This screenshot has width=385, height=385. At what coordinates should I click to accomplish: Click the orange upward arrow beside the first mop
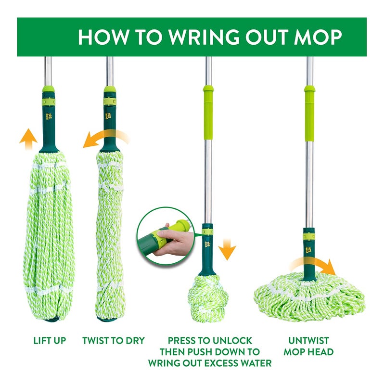click(x=28, y=138)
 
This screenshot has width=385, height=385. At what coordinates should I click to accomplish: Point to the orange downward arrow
click(x=227, y=250)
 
